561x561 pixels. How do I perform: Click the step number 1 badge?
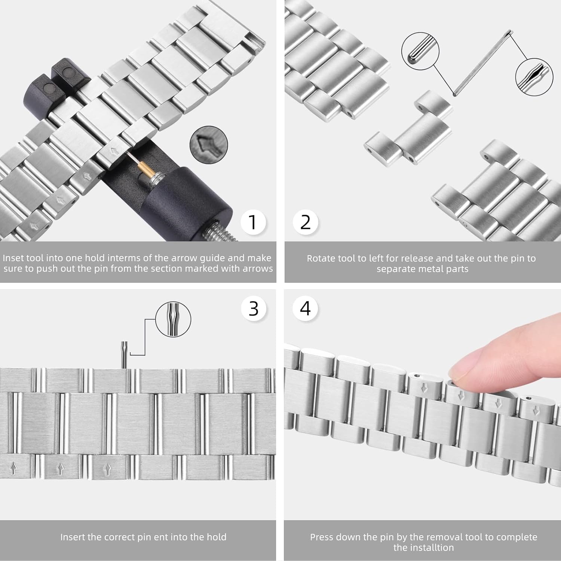[x=253, y=222]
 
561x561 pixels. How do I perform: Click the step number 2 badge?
[x=306, y=222]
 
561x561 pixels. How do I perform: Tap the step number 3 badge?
[x=254, y=309]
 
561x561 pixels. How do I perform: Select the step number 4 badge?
[x=306, y=309]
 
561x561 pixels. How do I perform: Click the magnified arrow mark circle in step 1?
[x=209, y=145]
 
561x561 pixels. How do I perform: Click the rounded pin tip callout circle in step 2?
[x=420, y=51]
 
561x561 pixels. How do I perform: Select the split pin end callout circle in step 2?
[x=534, y=77]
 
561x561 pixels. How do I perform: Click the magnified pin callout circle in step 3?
[x=173, y=319]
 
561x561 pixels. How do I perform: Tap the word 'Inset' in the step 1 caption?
[x=13, y=258]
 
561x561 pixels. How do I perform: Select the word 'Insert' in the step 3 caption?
[x=73, y=537]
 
